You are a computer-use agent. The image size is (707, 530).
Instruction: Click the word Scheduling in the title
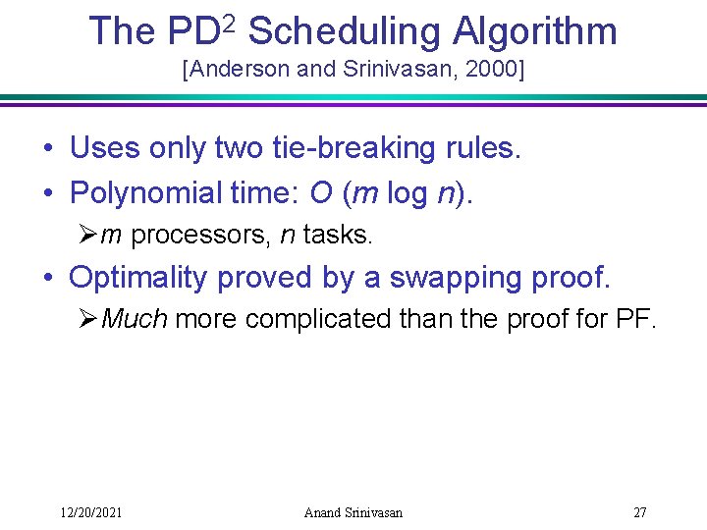click(343, 32)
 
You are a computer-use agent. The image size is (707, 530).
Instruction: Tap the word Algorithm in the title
click(534, 32)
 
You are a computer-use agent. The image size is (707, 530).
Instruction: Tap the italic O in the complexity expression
click(321, 192)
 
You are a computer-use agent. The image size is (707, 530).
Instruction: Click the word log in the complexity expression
click(407, 192)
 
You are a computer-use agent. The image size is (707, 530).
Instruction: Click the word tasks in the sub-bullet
click(338, 235)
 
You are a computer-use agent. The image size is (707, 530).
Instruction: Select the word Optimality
click(139, 278)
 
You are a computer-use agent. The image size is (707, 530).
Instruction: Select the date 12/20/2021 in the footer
click(90, 512)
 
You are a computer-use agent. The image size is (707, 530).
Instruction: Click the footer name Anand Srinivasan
click(353, 512)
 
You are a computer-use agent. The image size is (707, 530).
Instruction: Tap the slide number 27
click(639, 512)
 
